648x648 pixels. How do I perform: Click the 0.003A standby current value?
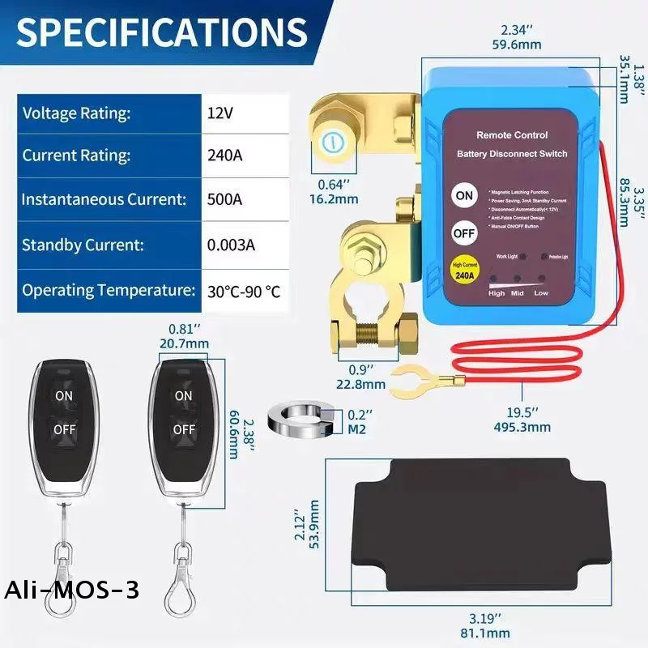(x=233, y=245)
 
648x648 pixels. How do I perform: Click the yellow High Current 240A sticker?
(x=464, y=269)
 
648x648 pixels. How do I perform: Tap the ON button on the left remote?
(x=63, y=395)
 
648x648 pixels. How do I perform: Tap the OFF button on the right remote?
(x=184, y=428)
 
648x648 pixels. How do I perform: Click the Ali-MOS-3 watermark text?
(x=71, y=590)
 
